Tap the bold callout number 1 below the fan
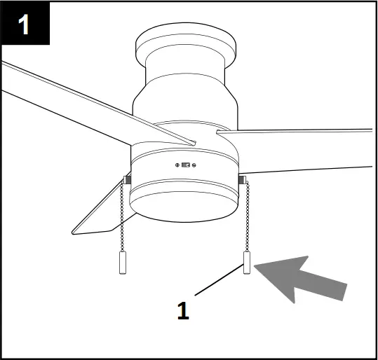click(x=183, y=310)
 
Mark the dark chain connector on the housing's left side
click(x=126, y=180)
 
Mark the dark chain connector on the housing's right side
click(x=242, y=181)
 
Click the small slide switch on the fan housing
click(x=186, y=165)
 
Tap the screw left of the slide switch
click(x=177, y=165)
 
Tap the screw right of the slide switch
click(x=195, y=165)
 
